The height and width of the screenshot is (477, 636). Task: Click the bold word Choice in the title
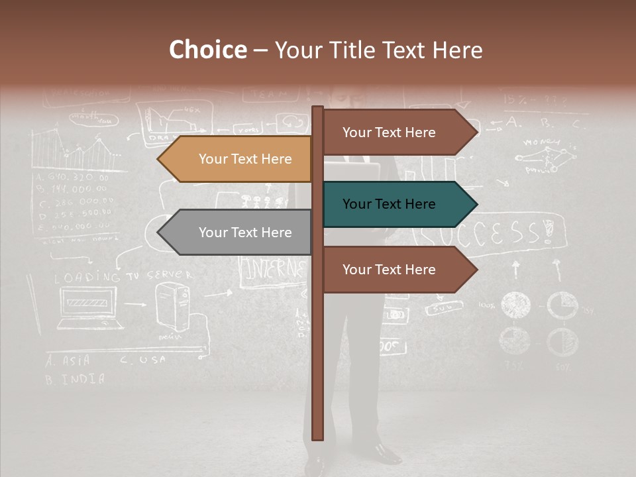207,50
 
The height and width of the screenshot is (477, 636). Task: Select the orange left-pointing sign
238,159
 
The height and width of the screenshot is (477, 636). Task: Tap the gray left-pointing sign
238,233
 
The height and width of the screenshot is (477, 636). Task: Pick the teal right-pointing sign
394,204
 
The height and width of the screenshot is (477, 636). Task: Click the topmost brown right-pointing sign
394,132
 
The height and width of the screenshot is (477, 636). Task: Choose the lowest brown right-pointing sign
394,270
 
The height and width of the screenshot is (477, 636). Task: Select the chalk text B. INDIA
74,380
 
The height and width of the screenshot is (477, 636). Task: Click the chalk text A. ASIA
68,362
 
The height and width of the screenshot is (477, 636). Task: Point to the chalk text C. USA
143,360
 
